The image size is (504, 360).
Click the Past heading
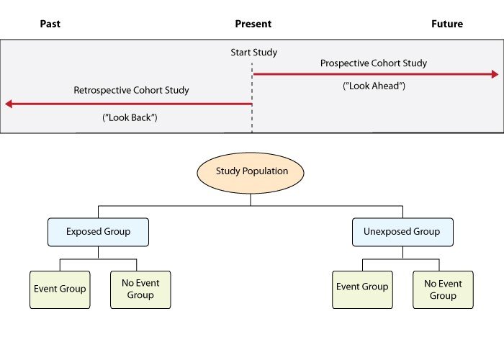[x=50, y=24]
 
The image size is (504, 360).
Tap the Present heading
[x=253, y=24]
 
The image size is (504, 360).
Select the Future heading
[x=446, y=24]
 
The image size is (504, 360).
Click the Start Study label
[x=253, y=53]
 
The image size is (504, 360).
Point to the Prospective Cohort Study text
[x=374, y=63]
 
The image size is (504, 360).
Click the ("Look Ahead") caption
[x=374, y=86]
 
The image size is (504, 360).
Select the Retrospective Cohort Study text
[x=131, y=91]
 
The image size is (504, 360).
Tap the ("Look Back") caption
[x=130, y=117]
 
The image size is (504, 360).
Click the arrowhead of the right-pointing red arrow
[x=495, y=74]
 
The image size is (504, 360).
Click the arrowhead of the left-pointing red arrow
[x=9, y=104]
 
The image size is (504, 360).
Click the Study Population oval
[x=251, y=171]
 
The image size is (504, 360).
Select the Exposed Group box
[x=98, y=232]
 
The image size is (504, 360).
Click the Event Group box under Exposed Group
[x=60, y=289]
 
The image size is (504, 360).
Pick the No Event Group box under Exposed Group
[x=140, y=289]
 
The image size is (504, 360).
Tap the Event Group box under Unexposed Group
[x=362, y=287]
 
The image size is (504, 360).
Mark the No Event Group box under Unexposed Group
[x=443, y=289]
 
